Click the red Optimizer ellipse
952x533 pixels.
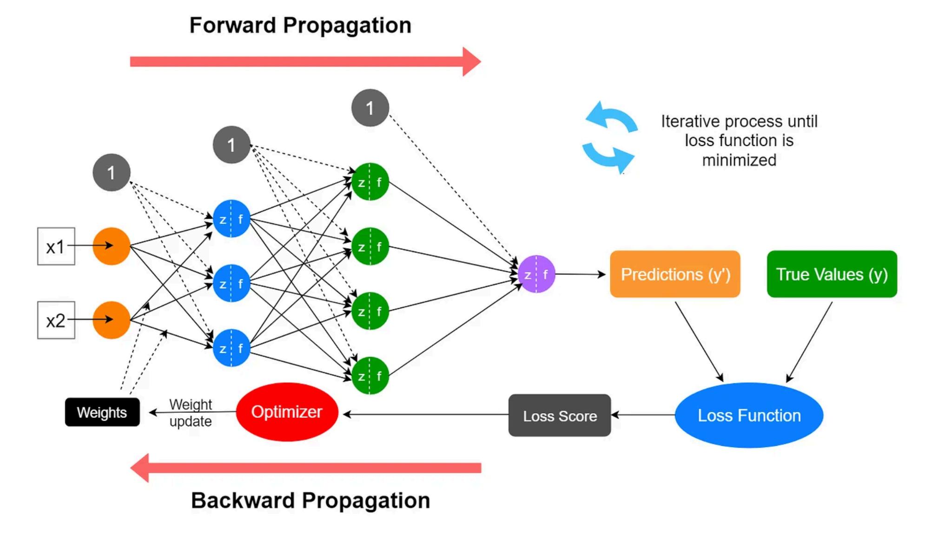tap(287, 412)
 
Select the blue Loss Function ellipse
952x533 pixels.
tap(749, 415)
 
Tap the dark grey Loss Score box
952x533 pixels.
tap(560, 416)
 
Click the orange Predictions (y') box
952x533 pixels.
tap(675, 274)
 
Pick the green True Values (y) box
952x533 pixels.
tap(832, 274)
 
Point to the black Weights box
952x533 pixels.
tap(102, 412)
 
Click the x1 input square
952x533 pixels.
tap(56, 246)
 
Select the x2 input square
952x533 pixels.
tap(56, 320)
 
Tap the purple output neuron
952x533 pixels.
tap(536, 274)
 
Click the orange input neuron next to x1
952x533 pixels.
tap(112, 246)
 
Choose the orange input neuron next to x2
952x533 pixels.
tap(112, 320)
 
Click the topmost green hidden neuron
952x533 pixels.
tap(370, 182)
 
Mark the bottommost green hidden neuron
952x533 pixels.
tap(370, 376)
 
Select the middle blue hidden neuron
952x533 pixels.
tap(231, 283)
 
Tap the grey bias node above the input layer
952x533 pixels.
tap(112, 173)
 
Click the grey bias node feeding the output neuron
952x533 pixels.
tap(370, 108)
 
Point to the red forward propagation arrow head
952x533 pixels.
tap(471, 61)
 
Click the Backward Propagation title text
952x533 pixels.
tap(311, 500)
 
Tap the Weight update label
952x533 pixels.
tap(191, 413)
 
